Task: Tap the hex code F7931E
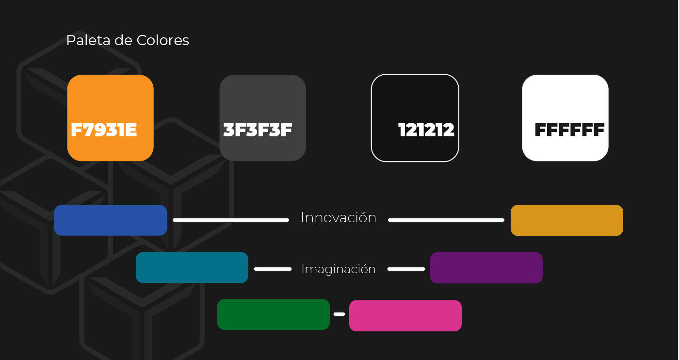[x=104, y=130]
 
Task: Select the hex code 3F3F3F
[x=258, y=130]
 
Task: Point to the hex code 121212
[x=426, y=130]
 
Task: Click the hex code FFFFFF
[x=569, y=130]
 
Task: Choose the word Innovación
[x=339, y=218]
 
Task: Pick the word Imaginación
[x=339, y=269]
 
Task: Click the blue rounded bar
[x=111, y=220]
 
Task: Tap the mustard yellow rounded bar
[x=566, y=220]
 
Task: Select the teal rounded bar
[x=192, y=267]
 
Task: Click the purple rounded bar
[x=486, y=267]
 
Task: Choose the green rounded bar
[x=274, y=314]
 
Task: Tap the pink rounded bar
[x=405, y=315]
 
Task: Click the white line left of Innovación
[x=231, y=220]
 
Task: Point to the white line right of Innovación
[x=446, y=220]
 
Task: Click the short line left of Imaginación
[x=273, y=269]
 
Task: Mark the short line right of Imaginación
[x=406, y=269]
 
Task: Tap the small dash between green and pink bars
[x=339, y=314]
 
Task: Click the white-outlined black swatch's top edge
[x=415, y=75]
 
